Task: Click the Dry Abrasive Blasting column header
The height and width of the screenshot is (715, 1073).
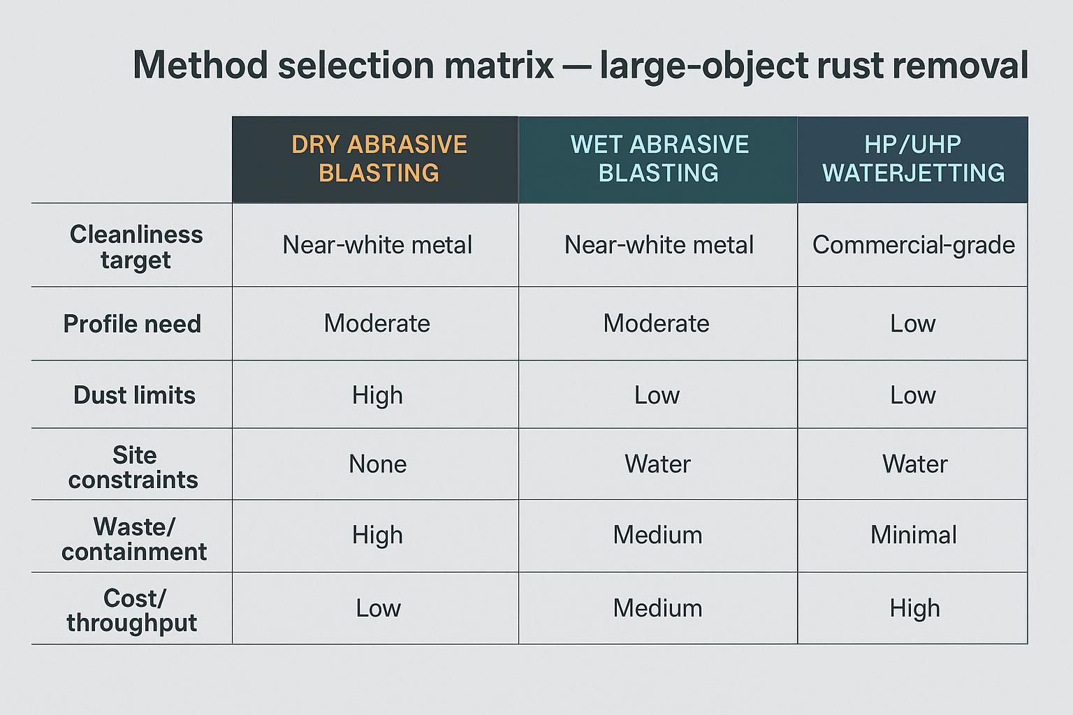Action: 379,159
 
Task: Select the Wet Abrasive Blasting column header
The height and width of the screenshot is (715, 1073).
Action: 659,159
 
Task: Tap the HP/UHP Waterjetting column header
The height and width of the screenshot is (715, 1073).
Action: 913,159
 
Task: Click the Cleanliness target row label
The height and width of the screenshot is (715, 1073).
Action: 136,246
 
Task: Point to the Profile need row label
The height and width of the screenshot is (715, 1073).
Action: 132,324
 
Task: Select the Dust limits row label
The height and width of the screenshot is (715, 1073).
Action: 134,395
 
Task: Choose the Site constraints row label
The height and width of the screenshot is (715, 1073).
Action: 133,467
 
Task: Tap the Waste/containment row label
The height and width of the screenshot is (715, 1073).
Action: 134,538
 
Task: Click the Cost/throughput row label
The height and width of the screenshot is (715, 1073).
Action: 132,610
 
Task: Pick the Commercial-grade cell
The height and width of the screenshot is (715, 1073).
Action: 913,245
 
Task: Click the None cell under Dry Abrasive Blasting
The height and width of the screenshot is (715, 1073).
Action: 377,464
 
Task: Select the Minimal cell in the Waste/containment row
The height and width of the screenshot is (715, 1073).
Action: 913,536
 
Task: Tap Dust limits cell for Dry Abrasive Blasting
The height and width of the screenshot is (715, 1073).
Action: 377,396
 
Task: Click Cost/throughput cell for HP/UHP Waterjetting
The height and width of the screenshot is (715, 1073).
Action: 914,609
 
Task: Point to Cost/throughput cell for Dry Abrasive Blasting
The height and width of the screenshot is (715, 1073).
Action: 378,609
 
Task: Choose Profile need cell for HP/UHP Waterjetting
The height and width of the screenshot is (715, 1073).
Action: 912,324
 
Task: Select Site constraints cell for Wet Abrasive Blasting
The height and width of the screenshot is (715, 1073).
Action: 657,464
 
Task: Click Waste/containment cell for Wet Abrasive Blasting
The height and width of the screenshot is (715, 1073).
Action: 657,536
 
